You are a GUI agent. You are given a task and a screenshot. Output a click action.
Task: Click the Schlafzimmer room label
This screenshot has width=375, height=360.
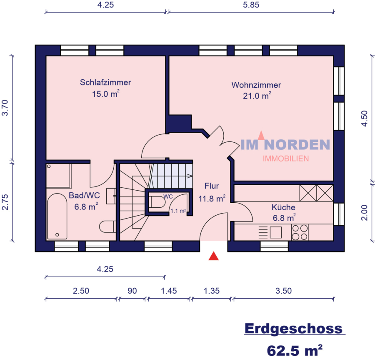[x=105, y=83]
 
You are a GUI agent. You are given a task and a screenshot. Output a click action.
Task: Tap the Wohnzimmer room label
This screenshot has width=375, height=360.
[x=256, y=85]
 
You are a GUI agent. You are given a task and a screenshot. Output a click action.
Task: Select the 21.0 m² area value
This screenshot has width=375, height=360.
[x=257, y=96]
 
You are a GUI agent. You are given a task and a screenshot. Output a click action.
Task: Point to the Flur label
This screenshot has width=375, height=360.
[x=211, y=186]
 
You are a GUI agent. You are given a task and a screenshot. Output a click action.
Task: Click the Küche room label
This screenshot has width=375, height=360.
[x=283, y=207]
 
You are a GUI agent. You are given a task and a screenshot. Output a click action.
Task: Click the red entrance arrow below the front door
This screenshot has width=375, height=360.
[x=214, y=256]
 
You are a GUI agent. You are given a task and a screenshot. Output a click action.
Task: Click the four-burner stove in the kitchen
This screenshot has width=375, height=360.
[x=300, y=232]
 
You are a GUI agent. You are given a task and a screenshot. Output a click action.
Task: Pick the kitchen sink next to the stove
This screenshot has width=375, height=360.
[x=275, y=232]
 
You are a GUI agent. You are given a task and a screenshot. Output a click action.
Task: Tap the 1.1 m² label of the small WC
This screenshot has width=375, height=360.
[x=178, y=211]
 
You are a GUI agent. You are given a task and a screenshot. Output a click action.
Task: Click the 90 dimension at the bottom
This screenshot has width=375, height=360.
[x=132, y=291]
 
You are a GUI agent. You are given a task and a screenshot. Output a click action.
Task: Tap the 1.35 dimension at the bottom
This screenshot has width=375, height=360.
[x=211, y=291]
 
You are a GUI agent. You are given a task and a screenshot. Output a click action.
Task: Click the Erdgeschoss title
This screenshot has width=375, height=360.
[x=294, y=329]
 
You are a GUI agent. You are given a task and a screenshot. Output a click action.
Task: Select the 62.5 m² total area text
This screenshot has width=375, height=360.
[x=295, y=348]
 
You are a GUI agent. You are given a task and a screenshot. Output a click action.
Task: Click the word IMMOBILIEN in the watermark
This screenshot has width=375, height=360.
[x=285, y=159]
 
